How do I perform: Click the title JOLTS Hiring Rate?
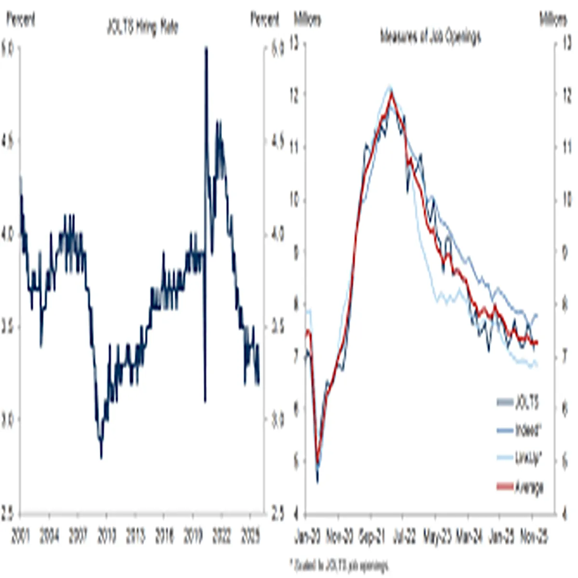[x=142, y=28]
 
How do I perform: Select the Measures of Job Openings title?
[x=430, y=37]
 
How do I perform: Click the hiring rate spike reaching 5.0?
[x=206, y=48]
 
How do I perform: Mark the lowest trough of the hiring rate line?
[x=101, y=457]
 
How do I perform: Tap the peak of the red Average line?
[x=391, y=93]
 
